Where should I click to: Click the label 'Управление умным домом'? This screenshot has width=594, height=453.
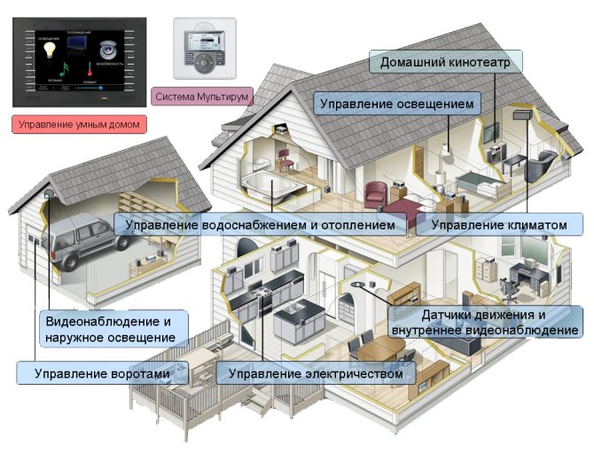(x=78, y=124)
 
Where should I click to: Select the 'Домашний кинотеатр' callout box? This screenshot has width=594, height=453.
(x=446, y=63)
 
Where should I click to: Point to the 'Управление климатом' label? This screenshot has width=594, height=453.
(x=497, y=225)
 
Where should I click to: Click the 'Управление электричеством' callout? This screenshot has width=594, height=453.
(x=316, y=373)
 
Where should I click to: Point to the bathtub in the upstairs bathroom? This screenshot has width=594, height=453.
(x=265, y=185)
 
